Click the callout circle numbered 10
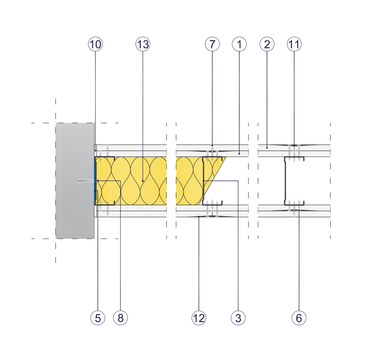[x=95, y=44]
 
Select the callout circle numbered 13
[x=143, y=44]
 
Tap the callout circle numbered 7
[x=212, y=44]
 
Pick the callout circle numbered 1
[x=239, y=44]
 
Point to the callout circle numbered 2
[x=267, y=44]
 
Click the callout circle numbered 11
[x=294, y=44]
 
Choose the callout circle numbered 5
[x=97, y=318]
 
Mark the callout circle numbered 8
[x=120, y=318]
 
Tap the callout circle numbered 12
[x=199, y=318]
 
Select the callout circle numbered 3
[x=238, y=318]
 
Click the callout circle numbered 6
[x=299, y=318]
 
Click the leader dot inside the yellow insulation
[x=143, y=181]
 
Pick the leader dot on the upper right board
[x=267, y=147]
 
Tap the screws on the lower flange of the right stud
[x=295, y=201]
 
